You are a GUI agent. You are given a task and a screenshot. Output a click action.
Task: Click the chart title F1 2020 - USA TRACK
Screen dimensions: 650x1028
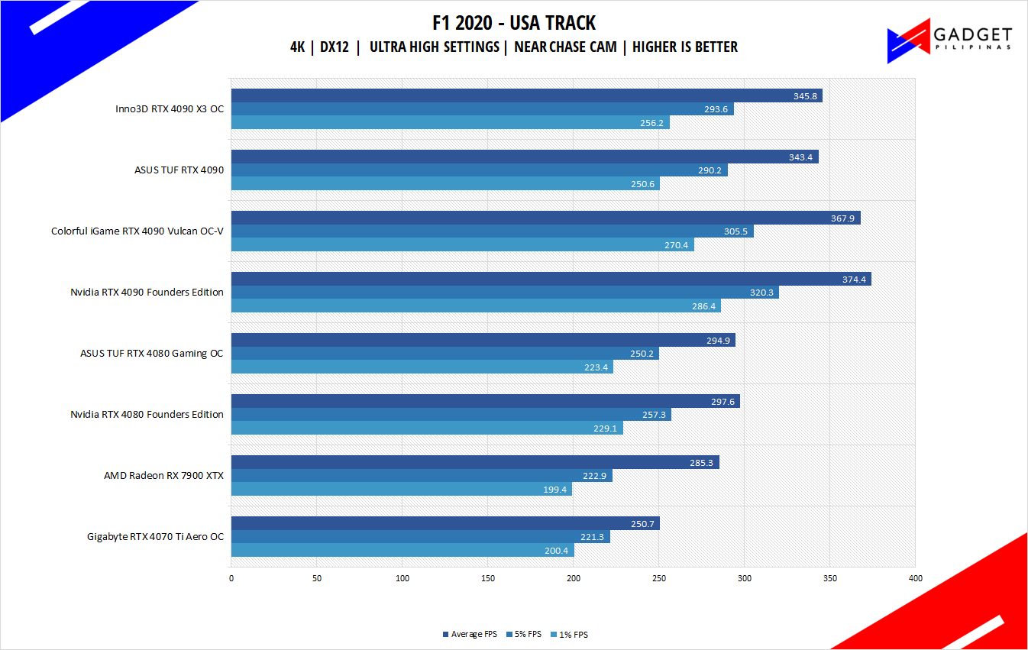click(x=513, y=23)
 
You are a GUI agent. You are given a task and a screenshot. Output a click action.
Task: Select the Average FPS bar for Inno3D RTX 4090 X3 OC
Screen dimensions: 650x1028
click(x=526, y=95)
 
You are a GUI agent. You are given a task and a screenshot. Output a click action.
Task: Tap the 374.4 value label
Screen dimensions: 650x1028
click(x=853, y=280)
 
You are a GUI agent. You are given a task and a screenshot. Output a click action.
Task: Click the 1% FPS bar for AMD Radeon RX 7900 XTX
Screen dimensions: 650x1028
click(x=401, y=489)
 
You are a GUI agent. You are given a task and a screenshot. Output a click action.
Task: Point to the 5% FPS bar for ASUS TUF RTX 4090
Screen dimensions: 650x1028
click(x=479, y=170)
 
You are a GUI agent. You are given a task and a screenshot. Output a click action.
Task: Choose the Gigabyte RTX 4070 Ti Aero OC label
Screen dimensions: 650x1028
click(x=155, y=537)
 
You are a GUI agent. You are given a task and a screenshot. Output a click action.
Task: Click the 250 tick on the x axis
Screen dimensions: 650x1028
click(x=659, y=578)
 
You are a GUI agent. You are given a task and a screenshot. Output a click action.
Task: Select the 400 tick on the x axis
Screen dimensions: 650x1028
click(x=915, y=578)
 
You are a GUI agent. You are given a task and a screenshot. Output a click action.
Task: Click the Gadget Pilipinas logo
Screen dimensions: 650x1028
click(x=949, y=40)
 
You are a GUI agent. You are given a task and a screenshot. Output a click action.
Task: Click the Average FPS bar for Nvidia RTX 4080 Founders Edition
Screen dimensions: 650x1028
click(x=485, y=401)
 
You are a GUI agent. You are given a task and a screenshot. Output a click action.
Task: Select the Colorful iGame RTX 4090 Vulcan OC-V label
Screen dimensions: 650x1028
click(x=137, y=231)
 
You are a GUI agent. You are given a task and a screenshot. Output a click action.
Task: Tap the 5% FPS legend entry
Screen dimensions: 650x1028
click(x=523, y=635)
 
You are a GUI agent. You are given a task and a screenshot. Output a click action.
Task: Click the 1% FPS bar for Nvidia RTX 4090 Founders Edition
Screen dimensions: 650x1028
click(x=475, y=306)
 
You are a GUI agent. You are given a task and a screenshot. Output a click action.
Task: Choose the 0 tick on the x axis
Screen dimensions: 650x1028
click(x=231, y=578)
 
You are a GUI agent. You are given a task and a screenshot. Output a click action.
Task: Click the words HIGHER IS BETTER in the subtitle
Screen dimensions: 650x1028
click(x=685, y=47)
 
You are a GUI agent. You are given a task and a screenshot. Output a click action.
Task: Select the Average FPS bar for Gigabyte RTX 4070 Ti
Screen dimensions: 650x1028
click(x=444, y=523)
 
